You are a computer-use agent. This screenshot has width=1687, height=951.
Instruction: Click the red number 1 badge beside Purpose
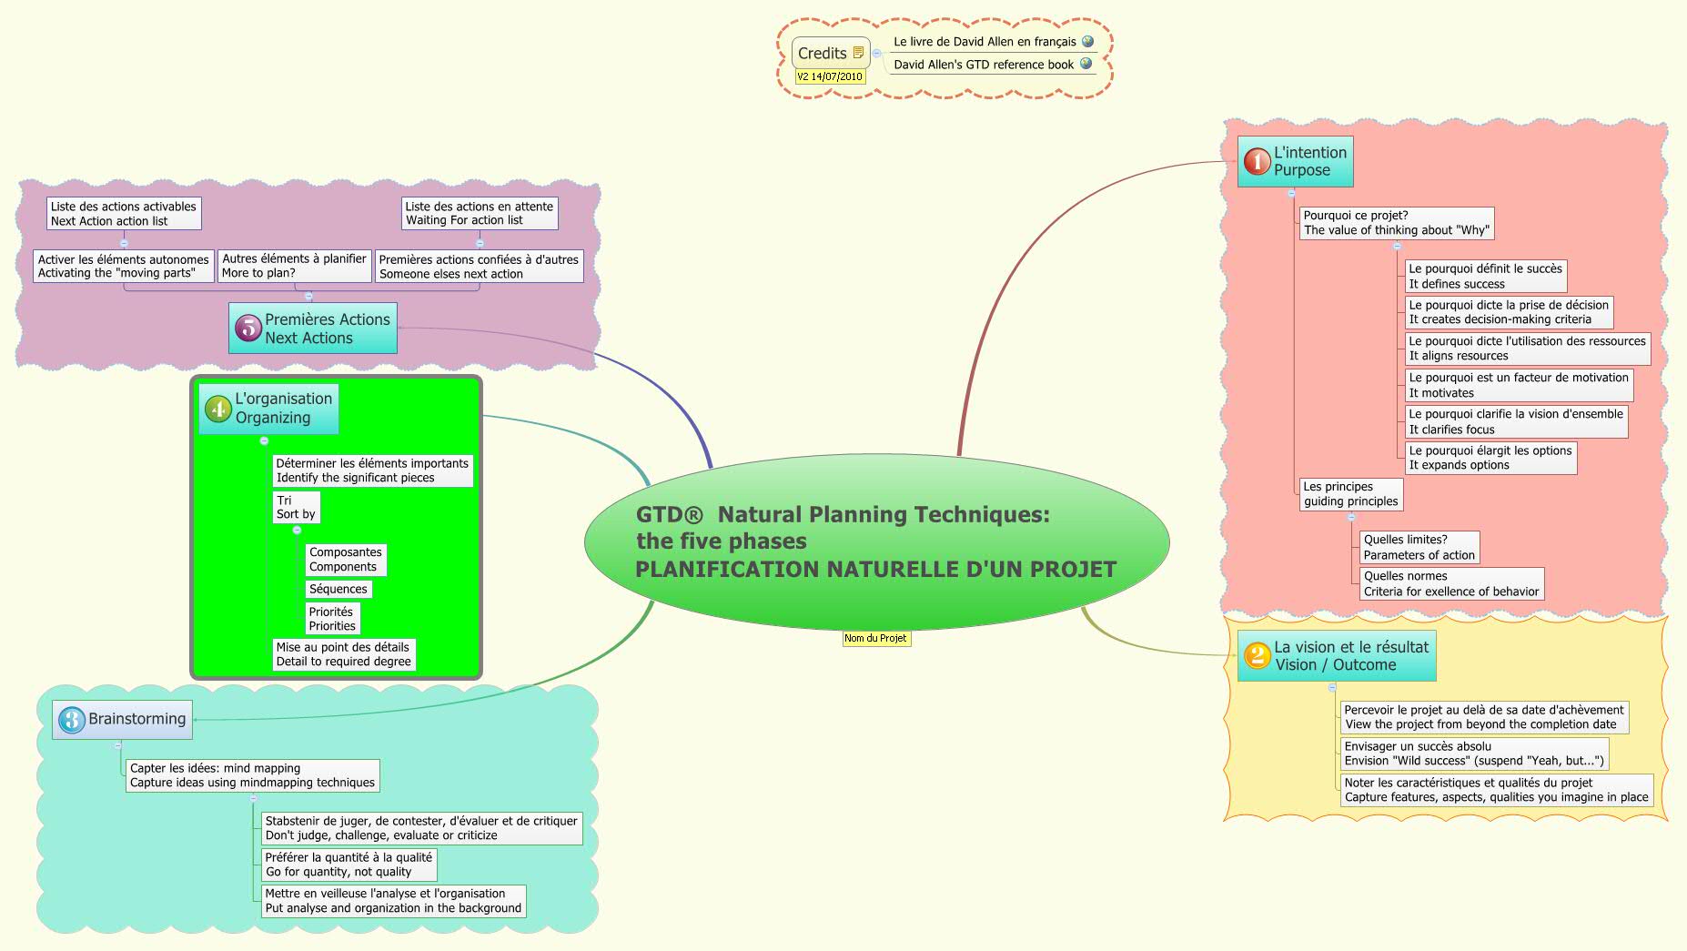coord(1257,162)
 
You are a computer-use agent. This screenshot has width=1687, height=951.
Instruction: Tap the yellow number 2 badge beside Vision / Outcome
coord(1257,655)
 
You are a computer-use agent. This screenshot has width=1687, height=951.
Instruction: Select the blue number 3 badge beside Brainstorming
coord(71,720)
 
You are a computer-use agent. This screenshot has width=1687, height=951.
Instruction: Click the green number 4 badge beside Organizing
coord(218,409)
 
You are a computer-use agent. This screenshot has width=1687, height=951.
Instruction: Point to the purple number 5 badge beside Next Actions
coord(247,329)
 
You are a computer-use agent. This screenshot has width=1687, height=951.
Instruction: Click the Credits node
coord(823,54)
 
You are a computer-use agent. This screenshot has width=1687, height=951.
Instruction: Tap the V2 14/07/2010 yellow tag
coord(830,76)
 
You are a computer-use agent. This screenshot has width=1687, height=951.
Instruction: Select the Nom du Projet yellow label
coord(875,638)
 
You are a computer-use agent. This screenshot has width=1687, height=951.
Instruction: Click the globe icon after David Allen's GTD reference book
coord(1086,64)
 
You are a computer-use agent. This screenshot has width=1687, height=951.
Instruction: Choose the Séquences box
coord(338,589)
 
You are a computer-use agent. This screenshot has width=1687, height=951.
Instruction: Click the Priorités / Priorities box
coord(332,619)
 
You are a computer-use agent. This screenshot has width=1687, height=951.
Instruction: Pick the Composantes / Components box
coord(345,560)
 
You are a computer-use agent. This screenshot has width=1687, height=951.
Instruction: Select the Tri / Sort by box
coord(296,507)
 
